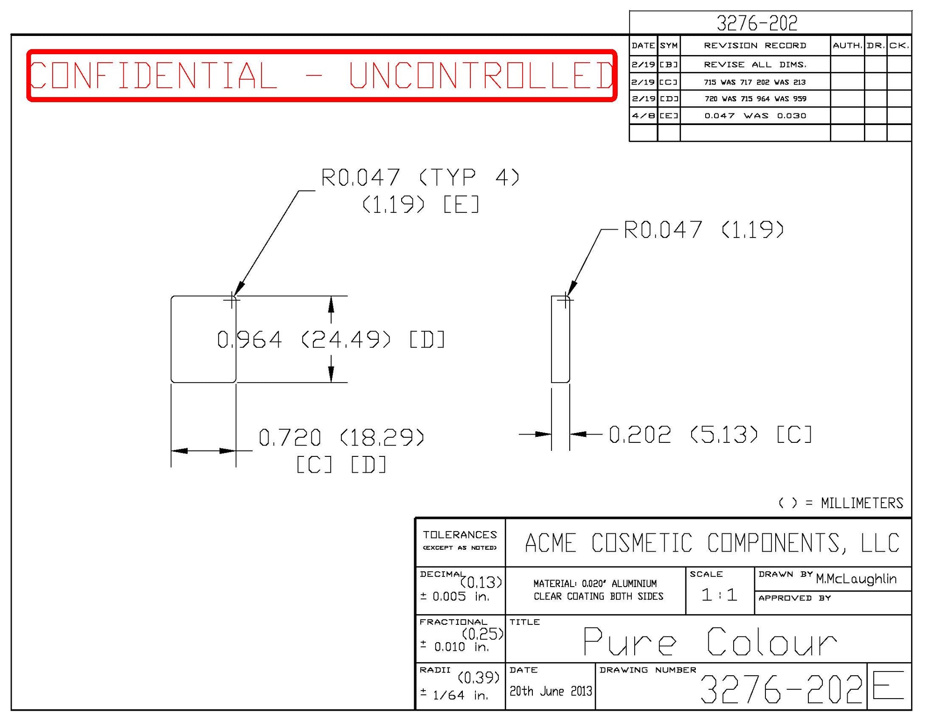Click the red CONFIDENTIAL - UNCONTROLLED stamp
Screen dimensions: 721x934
[321, 75]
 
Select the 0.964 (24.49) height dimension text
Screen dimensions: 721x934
[331, 339]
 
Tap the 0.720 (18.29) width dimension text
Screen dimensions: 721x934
[341, 438]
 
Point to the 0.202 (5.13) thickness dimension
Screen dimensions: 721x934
[710, 434]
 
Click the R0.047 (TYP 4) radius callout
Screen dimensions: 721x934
[420, 178]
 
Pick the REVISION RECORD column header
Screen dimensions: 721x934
[755, 45]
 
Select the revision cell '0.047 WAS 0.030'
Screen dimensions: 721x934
[755, 116]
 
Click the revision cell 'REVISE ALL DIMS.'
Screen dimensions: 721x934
[755, 64]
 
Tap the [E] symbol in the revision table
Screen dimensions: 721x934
[668, 116]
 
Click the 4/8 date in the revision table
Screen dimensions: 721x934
[643, 116]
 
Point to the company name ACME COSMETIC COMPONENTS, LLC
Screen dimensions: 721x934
[712, 543]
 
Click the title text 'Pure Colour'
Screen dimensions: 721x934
[709, 642]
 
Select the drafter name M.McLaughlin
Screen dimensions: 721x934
[856, 579]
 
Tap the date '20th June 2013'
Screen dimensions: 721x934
[550, 691]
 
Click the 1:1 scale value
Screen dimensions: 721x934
[719, 595]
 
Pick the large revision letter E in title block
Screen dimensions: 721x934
[888, 685]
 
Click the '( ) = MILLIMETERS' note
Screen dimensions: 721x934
[841, 503]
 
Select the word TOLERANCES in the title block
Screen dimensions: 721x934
[460, 535]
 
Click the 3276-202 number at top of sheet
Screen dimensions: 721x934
[757, 23]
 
